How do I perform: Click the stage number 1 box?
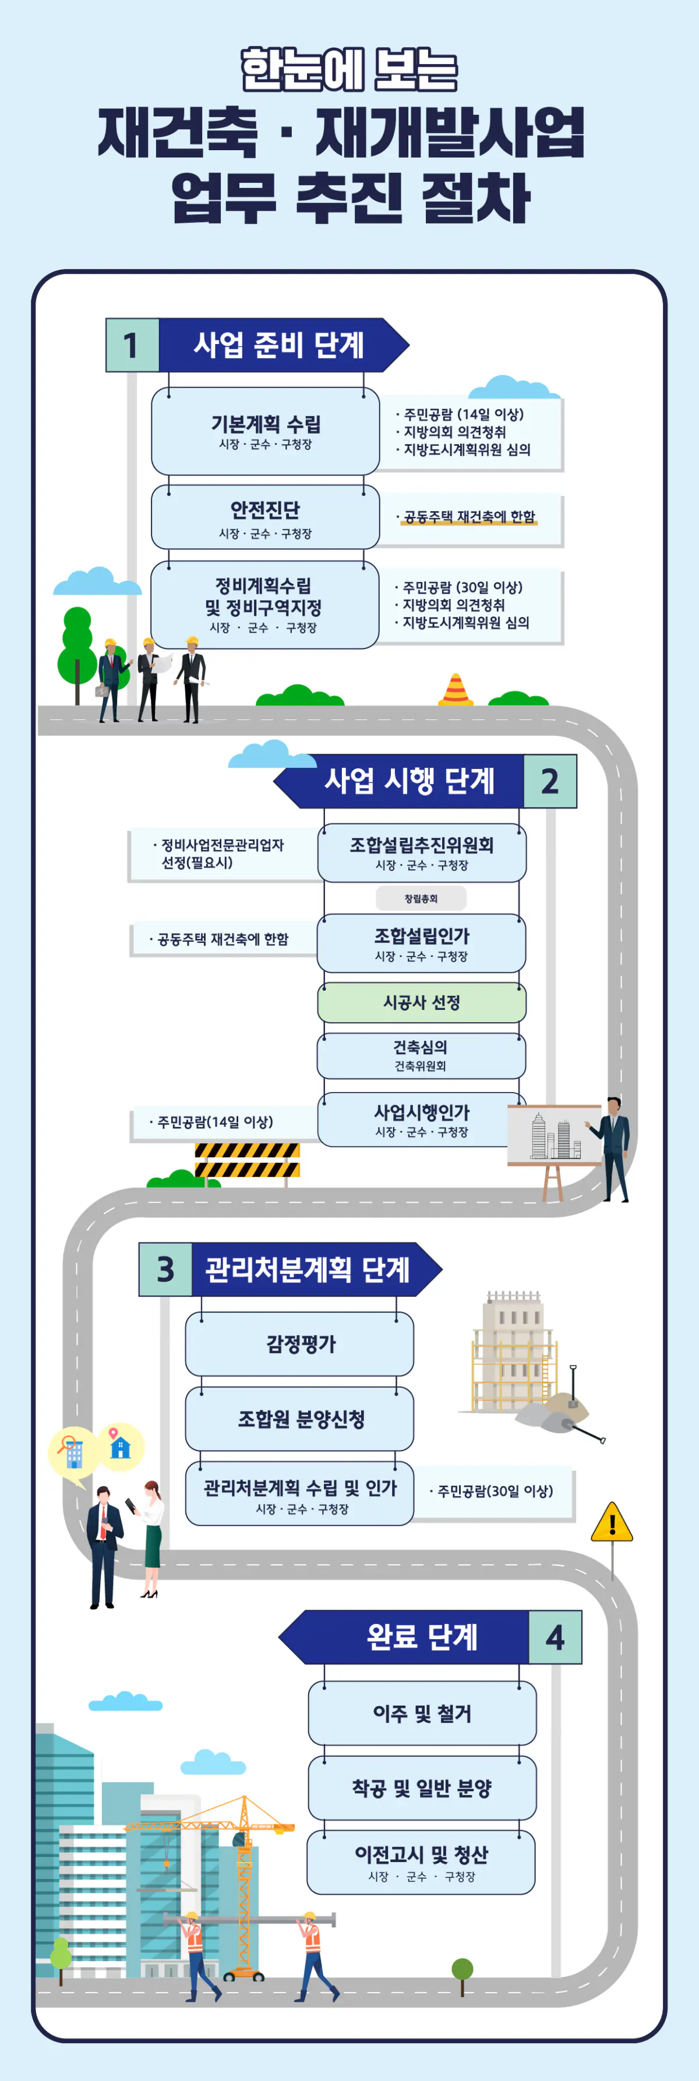coord(132,345)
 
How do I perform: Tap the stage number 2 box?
coord(549,781)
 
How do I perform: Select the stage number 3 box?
coord(165,1269)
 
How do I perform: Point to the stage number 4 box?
coord(555,1637)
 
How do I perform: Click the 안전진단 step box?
coord(265,517)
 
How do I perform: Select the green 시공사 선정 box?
coord(421,1002)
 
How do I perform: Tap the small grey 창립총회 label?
coord(421,898)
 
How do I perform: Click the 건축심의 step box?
coord(421,1055)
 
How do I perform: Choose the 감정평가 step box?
coord(300,1344)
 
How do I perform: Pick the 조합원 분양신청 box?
coord(300,1419)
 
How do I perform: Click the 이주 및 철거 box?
coord(422,1713)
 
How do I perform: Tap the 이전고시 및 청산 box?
coord(421,1862)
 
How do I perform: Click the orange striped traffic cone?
coord(456,690)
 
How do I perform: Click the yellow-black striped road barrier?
coord(248,1160)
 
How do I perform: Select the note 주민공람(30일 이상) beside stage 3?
coord(495,1491)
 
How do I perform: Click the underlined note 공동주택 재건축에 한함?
coord(469,517)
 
